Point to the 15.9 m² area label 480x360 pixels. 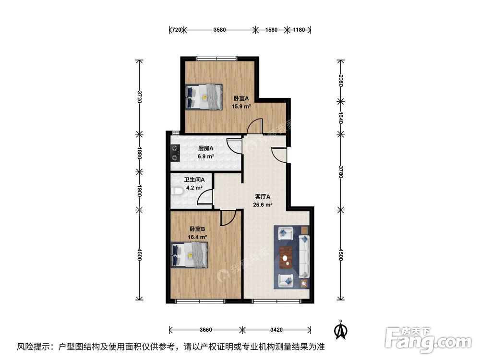point(241,107)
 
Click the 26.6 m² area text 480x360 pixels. point(263,204)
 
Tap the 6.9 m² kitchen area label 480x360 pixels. point(206,156)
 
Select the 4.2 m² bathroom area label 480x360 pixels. point(194,188)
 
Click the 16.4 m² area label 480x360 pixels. point(197,237)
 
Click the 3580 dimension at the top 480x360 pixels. point(219,30)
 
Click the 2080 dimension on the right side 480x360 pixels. point(340,81)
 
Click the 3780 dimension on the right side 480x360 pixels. point(340,171)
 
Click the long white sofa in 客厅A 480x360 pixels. point(304,256)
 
